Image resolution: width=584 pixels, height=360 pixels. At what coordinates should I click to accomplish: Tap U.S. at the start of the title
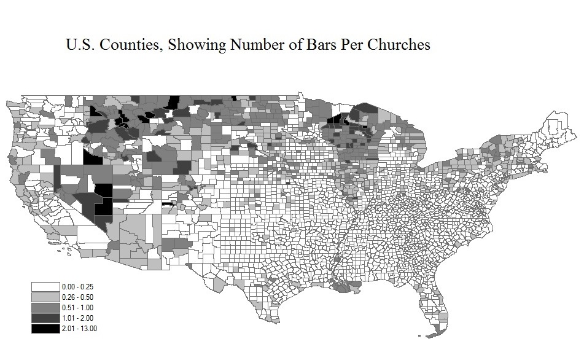click(80, 46)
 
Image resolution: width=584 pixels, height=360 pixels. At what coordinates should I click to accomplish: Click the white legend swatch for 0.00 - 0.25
click(45, 287)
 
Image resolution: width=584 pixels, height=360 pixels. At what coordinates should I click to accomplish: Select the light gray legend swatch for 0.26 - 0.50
click(45, 297)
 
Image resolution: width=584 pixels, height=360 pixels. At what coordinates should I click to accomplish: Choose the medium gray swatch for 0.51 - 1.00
click(45, 307)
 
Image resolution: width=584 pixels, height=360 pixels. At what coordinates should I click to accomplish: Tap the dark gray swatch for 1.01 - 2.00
click(45, 318)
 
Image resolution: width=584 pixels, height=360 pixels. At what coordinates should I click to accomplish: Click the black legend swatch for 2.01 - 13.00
click(45, 327)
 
